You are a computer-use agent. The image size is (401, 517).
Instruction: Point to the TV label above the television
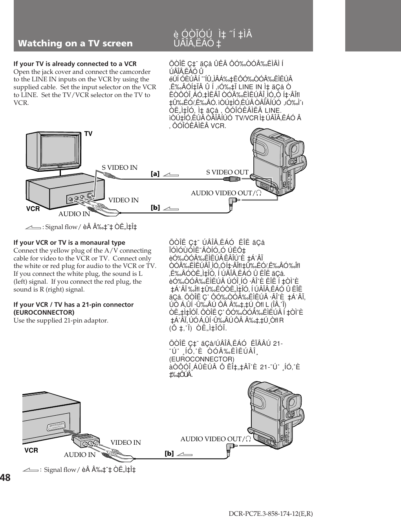click(x=88, y=134)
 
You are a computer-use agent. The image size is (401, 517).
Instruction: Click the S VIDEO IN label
click(x=120, y=168)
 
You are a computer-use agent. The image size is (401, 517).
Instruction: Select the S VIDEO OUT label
click(x=227, y=172)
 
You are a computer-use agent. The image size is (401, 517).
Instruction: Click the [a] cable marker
click(x=155, y=173)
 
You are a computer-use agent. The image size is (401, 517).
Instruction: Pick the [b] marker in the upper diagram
click(x=155, y=207)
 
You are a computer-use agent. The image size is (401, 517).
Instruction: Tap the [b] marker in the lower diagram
click(x=169, y=453)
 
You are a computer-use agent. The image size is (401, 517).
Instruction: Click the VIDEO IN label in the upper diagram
click(x=124, y=200)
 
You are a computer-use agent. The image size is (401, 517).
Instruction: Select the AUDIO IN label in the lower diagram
click(x=80, y=455)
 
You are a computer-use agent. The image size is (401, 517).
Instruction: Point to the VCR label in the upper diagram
click(x=33, y=209)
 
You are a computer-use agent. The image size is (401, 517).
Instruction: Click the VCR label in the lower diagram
click(x=31, y=451)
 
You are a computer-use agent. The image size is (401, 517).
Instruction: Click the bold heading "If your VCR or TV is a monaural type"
click(x=70, y=243)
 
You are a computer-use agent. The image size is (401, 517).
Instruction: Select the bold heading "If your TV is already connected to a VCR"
click(x=75, y=64)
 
